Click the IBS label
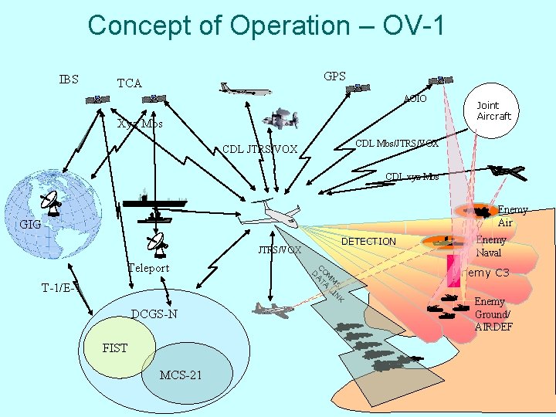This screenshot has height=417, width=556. (x=69, y=79)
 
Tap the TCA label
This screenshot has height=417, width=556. (x=129, y=83)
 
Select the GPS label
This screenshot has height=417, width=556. (x=334, y=76)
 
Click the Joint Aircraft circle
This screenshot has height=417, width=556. (x=493, y=110)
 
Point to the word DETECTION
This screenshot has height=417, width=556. (x=368, y=242)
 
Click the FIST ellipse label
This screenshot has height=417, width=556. (x=114, y=348)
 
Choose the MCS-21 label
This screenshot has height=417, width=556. (x=181, y=375)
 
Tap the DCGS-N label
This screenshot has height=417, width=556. (x=154, y=314)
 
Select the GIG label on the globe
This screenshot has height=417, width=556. (x=31, y=225)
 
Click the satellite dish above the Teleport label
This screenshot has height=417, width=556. (x=158, y=245)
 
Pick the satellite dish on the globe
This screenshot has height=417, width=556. (x=53, y=203)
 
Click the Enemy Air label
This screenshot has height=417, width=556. (x=512, y=216)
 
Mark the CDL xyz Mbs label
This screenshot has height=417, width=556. (x=412, y=177)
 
